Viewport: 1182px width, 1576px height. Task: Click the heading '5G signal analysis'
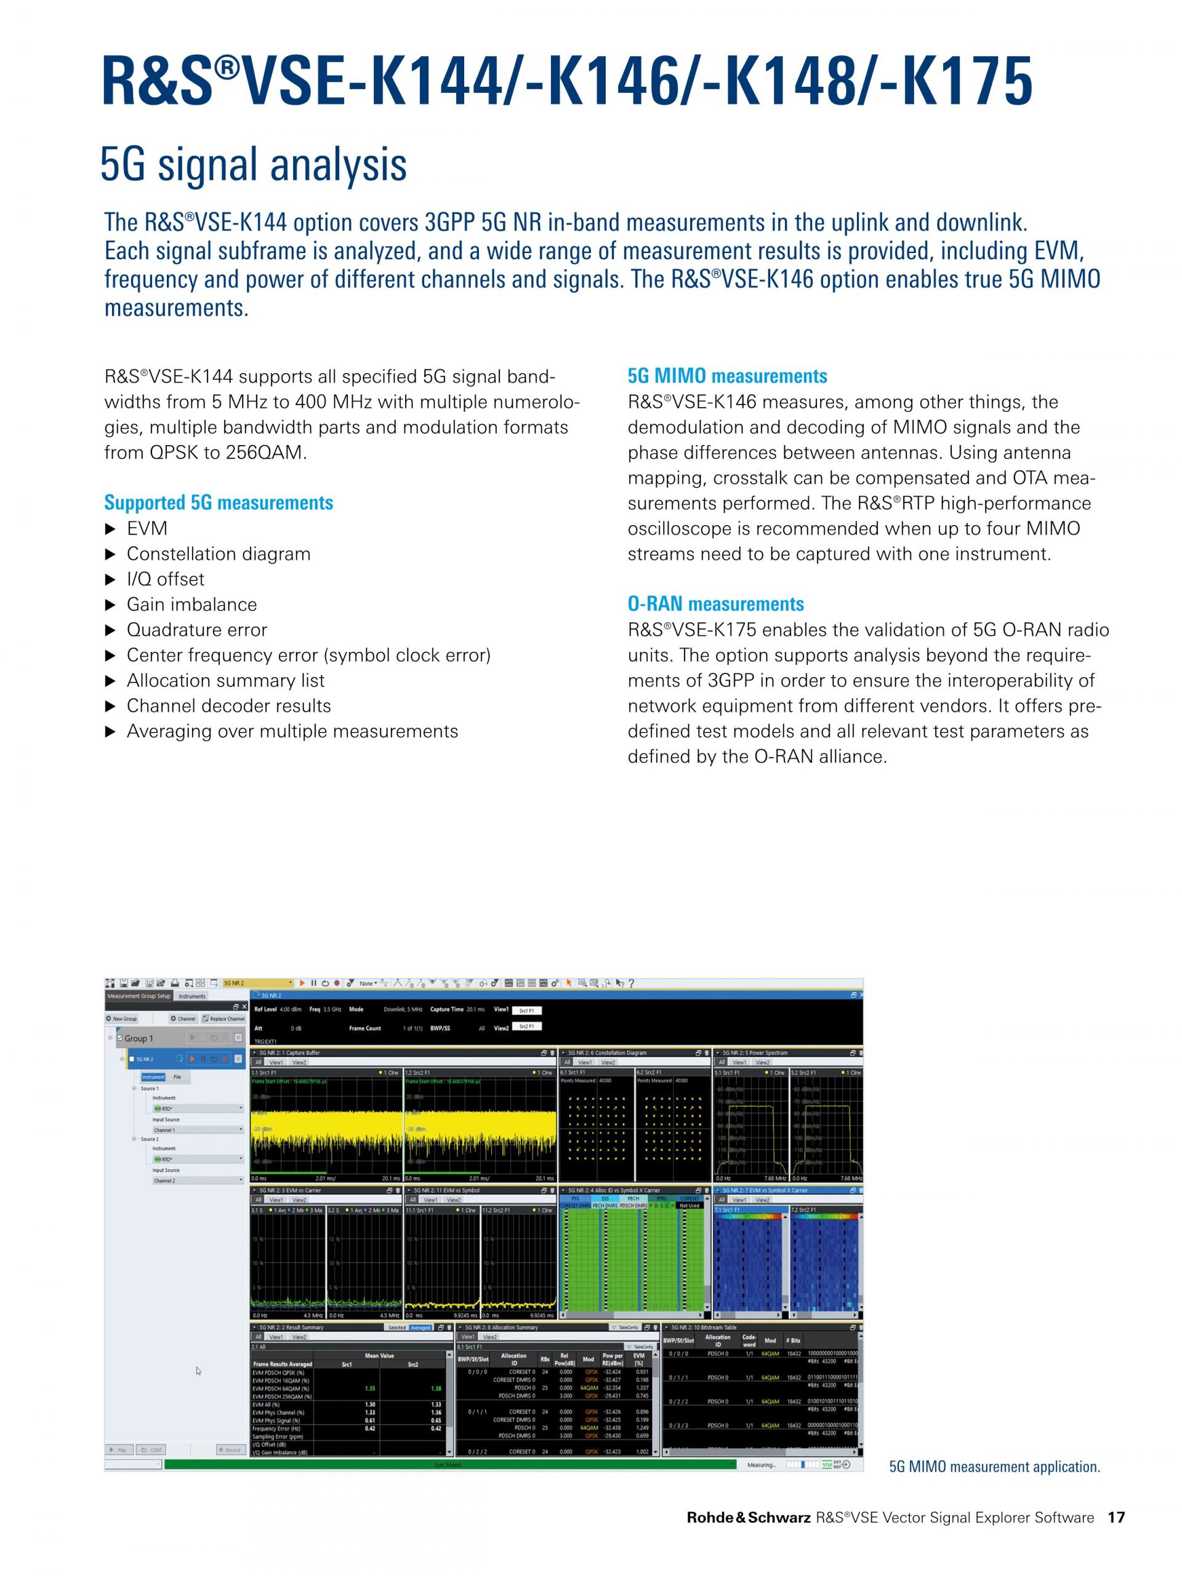[x=253, y=164]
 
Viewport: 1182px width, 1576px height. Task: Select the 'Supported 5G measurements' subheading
[x=218, y=502]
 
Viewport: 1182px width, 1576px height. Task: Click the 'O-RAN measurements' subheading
[x=715, y=603]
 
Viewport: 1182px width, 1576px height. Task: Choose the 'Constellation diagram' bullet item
[x=218, y=553]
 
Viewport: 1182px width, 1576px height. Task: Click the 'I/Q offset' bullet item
[x=165, y=579]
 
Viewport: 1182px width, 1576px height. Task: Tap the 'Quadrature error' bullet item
[x=196, y=629]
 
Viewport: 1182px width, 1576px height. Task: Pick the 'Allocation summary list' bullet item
[x=225, y=680]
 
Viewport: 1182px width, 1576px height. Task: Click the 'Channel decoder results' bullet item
[x=229, y=706]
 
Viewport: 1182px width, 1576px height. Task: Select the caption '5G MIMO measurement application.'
[x=994, y=1466]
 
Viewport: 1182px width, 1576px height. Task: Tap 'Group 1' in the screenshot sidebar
[x=139, y=1038]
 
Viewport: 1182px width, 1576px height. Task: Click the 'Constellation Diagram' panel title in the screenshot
[x=613, y=1052]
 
